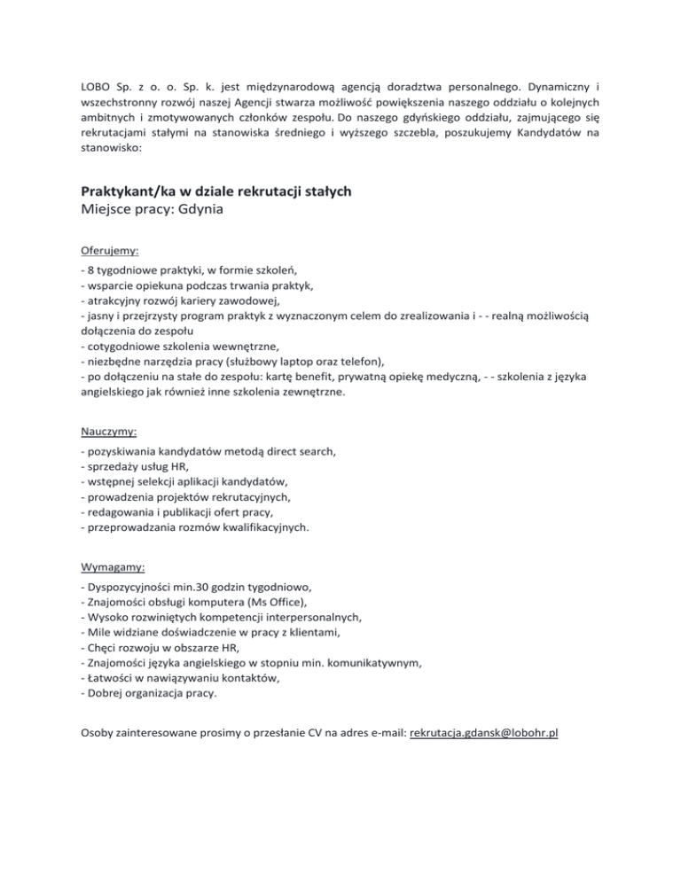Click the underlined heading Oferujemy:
(x=108, y=251)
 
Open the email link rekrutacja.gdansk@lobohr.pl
(x=483, y=735)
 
